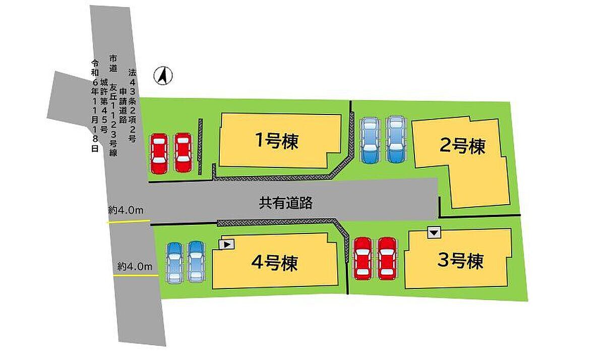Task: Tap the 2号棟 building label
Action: tap(462, 147)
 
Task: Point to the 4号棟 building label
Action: tap(274, 263)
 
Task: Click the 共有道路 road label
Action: tap(286, 203)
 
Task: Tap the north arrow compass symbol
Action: tap(163, 76)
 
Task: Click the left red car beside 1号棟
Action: tap(159, 153)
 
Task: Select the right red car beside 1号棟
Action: tap(183, 153)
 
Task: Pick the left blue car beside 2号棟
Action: tap(371, 140)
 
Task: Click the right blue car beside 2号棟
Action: tap(395, 140)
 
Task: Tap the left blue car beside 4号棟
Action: tap(174, 262)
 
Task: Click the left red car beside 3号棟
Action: tap(363, 258)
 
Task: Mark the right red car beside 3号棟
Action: tap(387, 258)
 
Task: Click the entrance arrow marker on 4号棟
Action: tap(227, 245)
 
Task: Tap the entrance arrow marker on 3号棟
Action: tap(434, 232)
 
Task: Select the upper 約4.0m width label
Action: tap(127, 211)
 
